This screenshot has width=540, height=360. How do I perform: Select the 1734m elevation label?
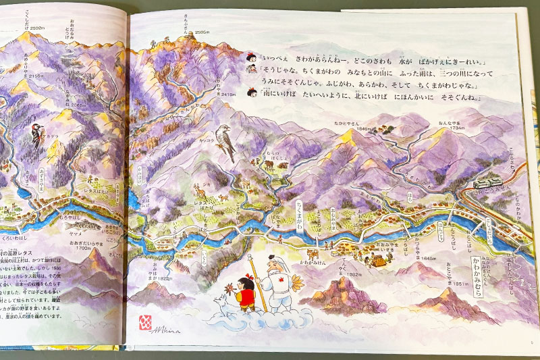coord(450,126)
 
